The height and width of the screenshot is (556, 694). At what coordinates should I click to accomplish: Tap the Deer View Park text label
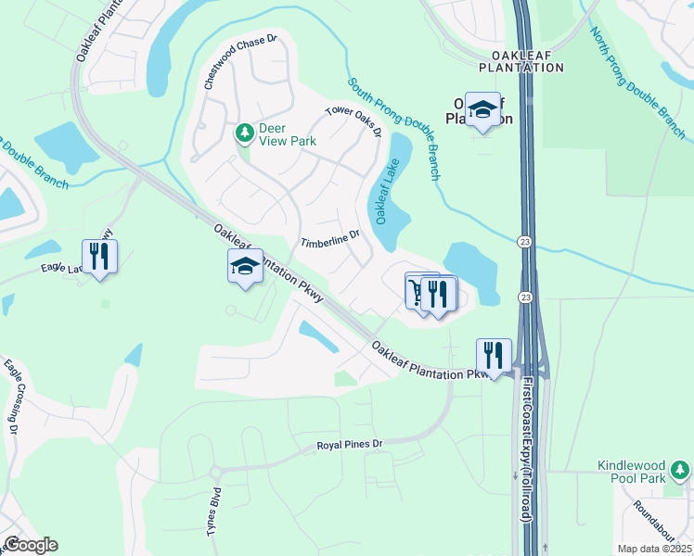pyautogui.click(x=288, y=134)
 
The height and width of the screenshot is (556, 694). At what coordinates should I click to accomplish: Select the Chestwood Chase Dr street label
pyautogui.click(x=241, y=62)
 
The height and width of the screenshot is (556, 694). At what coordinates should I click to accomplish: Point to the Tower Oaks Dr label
pyautogui.click(x=353, y=121)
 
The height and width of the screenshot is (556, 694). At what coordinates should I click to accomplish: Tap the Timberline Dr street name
pyautogui.click(x=329, y=239)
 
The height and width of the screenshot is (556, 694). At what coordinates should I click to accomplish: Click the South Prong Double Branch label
pyautogui.click(x=394, y=128)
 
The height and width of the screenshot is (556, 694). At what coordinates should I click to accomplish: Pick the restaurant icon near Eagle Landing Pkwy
pyautogui.click(x=99, y=256)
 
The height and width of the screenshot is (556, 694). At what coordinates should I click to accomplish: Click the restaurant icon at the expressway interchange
pyautogui.click(x=494, y=355)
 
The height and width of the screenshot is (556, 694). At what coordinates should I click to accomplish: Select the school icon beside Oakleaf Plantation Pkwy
pyautogui.click(x=245, y=267)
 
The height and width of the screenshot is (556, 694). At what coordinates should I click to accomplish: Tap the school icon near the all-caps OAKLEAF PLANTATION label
pyautogui.click(x=482, y=110)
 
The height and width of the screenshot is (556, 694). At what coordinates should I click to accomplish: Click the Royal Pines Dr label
pyautogui.click(x=350, y=445)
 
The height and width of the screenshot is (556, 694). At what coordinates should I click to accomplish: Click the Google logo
pyautogui.click(x=31, y=545)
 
